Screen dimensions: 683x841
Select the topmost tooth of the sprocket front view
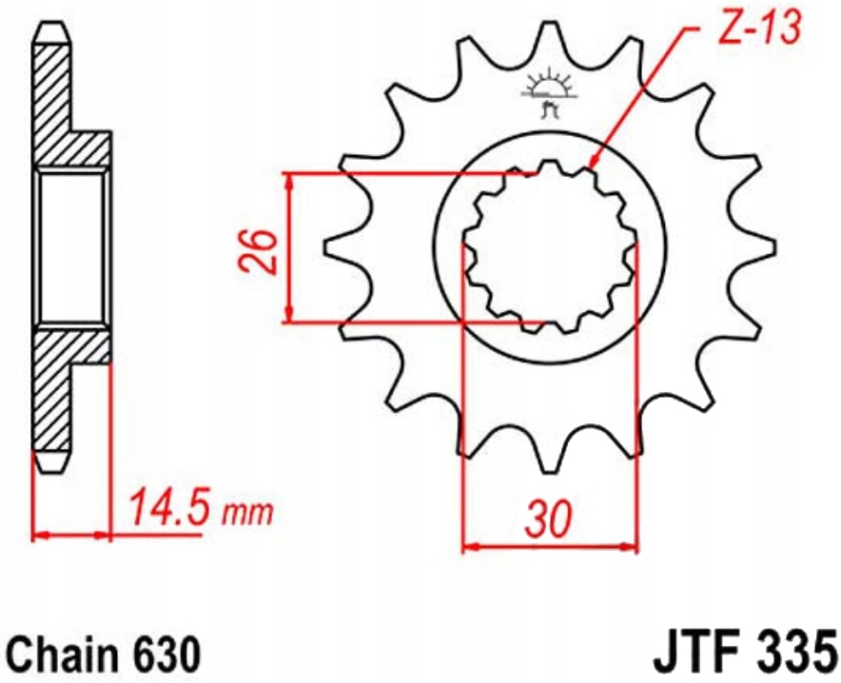[x=548, y=38]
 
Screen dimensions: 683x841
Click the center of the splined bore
[x=549, y=246]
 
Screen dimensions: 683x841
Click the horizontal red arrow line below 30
[x=549, y=547]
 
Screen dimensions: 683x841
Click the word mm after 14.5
[x=247, y=514]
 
